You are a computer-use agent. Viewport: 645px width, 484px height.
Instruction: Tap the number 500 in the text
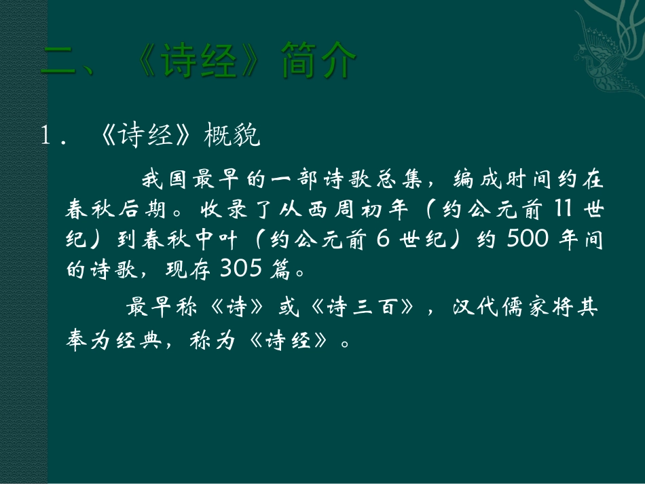(x=523, y=240)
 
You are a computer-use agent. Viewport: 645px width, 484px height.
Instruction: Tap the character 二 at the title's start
(x=59, y=63)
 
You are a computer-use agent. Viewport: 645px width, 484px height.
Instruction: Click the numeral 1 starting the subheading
(x=47, y=137)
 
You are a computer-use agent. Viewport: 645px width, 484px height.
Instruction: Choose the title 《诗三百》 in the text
(x=360, y=309)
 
